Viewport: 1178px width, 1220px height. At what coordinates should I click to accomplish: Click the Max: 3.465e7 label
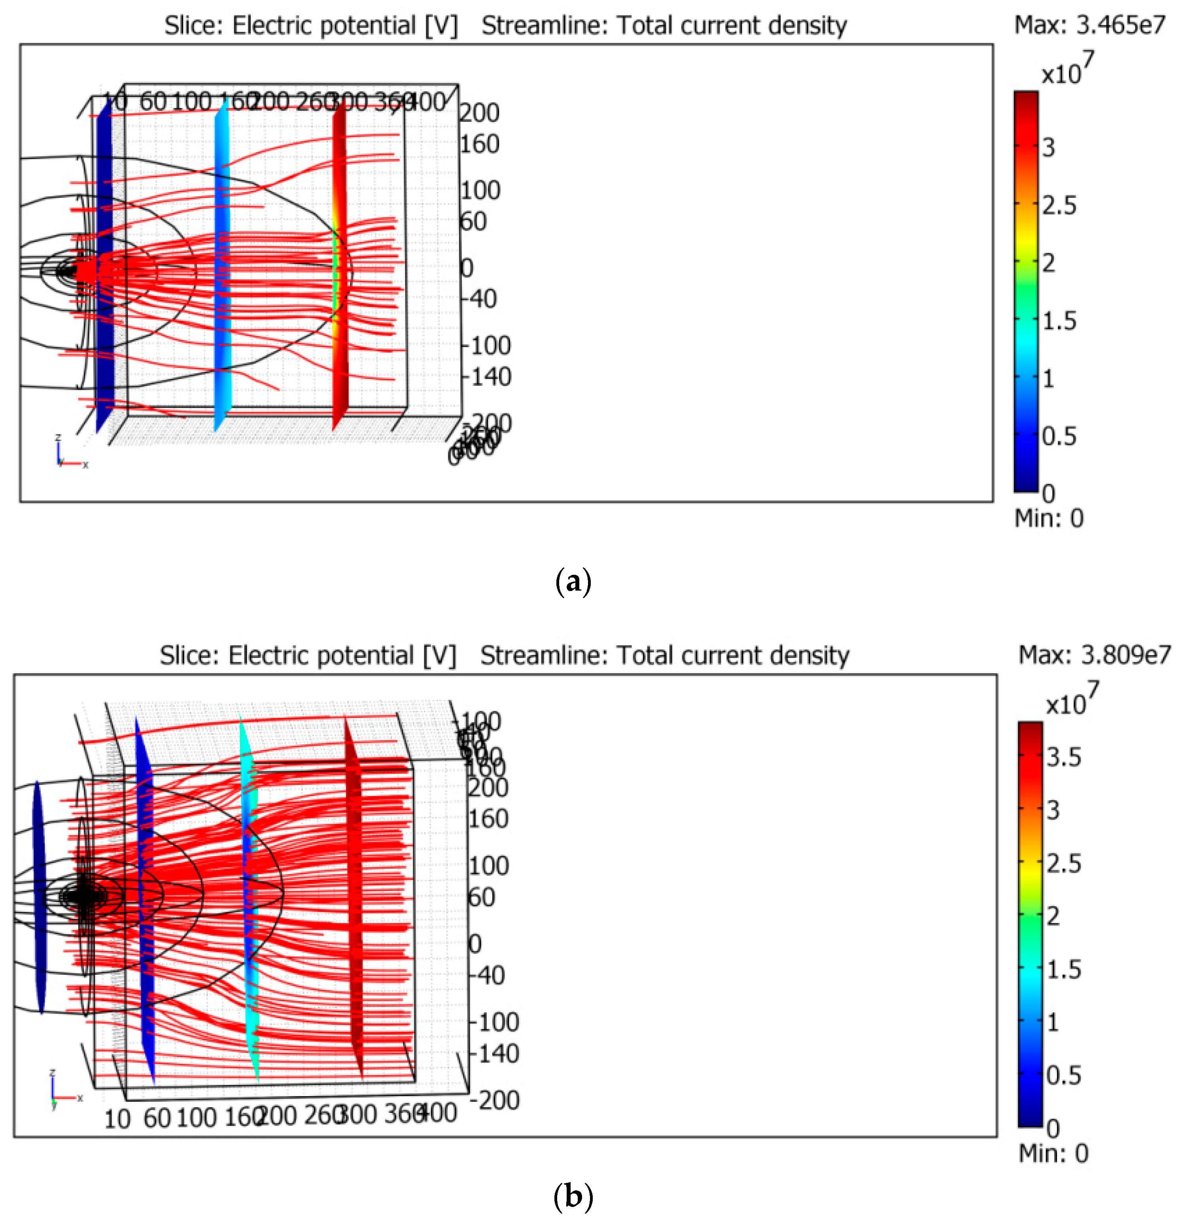pyautogui.click(x=1089, y=25)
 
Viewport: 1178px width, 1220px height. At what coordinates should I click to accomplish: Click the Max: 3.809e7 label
pyautogui.click(x=1094, y=654)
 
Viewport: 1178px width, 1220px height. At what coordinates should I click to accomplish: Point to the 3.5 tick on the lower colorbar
pyautogui.click(x=1063, y=757)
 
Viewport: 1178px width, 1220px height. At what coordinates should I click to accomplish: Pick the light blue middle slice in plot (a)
pyautogui.click(x=221, y=268)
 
